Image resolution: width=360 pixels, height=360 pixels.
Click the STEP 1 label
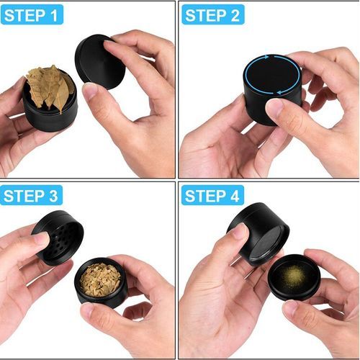[31, 15]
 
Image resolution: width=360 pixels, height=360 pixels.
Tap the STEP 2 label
[212, 15]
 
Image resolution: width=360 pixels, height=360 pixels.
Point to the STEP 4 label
[212, 195]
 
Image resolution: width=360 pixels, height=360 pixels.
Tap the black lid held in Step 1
[100, 62]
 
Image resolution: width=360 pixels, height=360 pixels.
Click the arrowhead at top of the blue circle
[266, 57]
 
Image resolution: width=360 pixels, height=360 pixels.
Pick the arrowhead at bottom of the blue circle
[279, 93]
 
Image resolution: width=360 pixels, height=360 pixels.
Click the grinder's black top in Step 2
[273, 75]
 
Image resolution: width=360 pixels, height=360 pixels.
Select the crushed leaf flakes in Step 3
[100, 279]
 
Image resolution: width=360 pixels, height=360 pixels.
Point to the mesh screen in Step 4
[269, 243]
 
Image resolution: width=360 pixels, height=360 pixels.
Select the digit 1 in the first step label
[54, 15]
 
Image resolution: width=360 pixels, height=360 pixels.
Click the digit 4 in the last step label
[234, 196]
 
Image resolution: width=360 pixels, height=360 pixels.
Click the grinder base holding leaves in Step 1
[50, 107]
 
